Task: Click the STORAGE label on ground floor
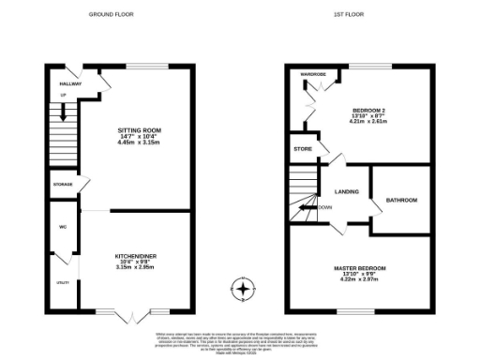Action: (62, 185)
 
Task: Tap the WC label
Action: (61, 227)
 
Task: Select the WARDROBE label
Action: (312, 73)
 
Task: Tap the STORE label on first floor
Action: (302, 148)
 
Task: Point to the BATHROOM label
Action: (401, 200)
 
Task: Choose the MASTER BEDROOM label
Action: (361, 268)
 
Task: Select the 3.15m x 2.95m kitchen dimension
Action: (133, 267)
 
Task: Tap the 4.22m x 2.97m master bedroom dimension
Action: (361, 282)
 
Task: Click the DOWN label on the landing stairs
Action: (324, 207)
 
